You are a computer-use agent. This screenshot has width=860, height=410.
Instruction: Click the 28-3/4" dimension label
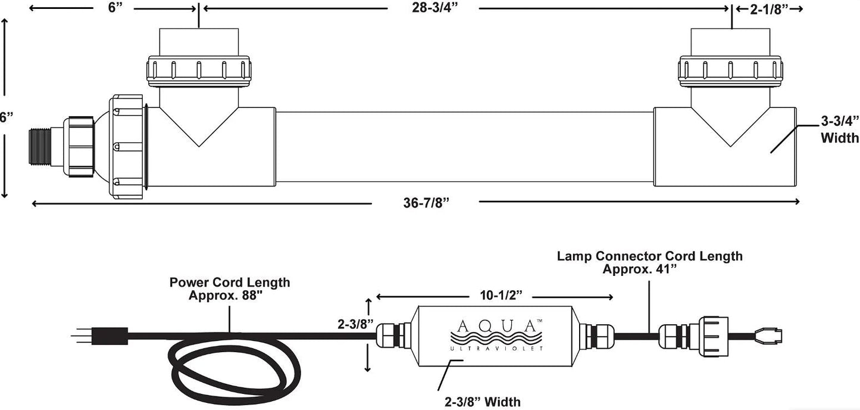pyautogui.click(x=435, y=8)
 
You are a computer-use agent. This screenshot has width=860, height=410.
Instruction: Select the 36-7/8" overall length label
pyautogui.click(x=426, y=203)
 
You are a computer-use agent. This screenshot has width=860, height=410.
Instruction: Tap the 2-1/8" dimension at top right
pyautogui.click(x=768, y=9)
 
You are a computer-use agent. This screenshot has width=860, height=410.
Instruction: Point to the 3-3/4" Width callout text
pyautogui.click(x=840, y=129)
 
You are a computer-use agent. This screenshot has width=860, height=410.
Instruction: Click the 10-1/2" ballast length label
pyautogui.click(x=501, y=295)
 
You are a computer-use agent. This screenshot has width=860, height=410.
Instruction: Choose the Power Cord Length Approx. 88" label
pyautogui.click(x=230, y=288)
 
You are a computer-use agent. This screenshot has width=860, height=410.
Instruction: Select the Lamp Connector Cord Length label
pyautogui.click(x=649, y=262)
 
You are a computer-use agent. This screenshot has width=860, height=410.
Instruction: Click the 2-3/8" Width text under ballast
pyautogui.click(x=483, y=402)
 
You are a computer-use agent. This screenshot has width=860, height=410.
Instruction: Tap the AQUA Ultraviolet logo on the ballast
pyautogui.click(x=496, y=335)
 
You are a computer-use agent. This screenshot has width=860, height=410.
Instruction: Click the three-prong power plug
pyautogui.click(x=100, y=336)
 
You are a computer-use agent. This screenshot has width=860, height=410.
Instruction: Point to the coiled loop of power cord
pyautogui.click(x=234, y=369)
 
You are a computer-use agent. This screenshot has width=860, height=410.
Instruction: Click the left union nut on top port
pyautogui.click(x=199, y=71)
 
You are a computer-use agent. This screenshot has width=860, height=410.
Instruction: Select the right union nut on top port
pyautogui.click(x=730, y=72)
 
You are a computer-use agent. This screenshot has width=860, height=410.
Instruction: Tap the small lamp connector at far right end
pyautogui.click(x=768, y=336)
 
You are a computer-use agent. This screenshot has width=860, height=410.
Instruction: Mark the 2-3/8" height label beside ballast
pyautogui.click(x=355, y=324)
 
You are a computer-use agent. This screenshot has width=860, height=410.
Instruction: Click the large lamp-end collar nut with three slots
pyautogui.click(x=127, y=147)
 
